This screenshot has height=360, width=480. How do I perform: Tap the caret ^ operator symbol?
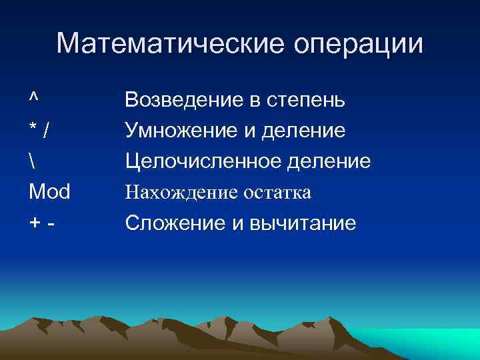point(33,97)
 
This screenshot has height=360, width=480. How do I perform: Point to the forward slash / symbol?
point(45,131)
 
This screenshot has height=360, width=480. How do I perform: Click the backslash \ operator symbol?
point(32,161)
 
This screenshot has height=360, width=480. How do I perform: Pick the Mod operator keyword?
point(50,193)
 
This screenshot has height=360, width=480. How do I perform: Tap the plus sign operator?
point(34,224)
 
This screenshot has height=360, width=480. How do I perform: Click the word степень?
point(306,101)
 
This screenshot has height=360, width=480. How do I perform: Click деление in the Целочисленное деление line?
point(331,161)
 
